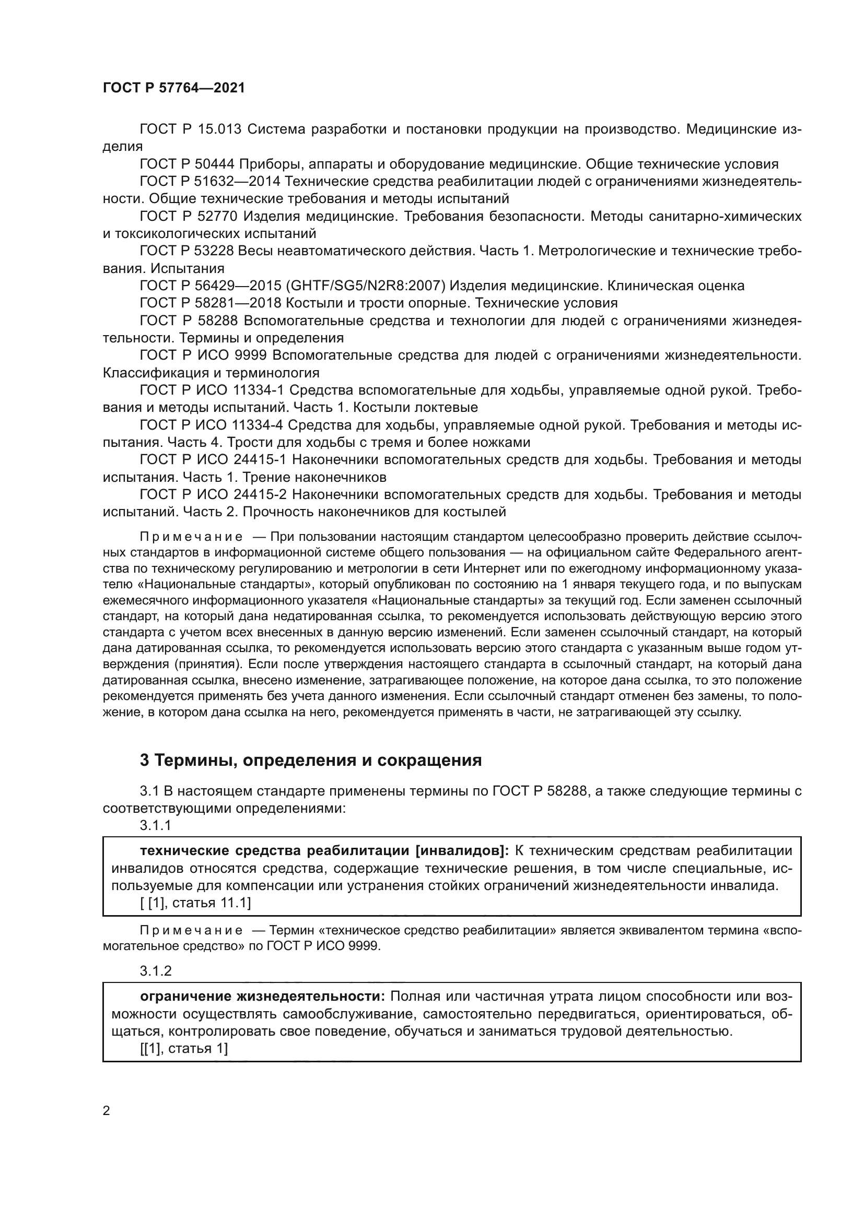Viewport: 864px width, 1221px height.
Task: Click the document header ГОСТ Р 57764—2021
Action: click(x=174, y=88)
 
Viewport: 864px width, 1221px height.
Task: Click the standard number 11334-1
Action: click(x=260, y=390)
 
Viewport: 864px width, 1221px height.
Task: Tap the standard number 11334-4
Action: click(x=260, y=425)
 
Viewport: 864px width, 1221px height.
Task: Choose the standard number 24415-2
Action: click(x=260, y=494)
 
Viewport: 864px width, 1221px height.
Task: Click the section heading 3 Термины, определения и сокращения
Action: click(x=311, y=761)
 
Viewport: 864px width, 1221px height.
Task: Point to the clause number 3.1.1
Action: click(x=155, y=825)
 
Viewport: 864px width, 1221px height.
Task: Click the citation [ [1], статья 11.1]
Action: click(x=195, y=903)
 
